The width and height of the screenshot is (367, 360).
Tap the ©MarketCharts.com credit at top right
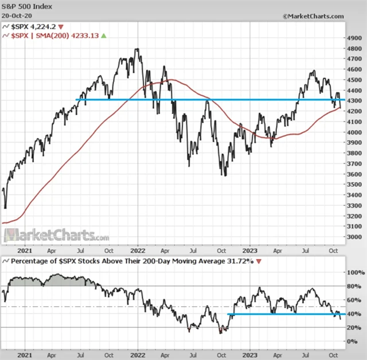[x=314, y=16]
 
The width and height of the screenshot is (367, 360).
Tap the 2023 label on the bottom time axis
[x=250, y=354]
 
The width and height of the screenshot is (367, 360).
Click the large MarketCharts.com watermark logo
[x=56, y=235]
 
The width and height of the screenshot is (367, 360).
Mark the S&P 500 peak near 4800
[x=137, y=49]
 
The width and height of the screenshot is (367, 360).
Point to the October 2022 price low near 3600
[x=224, y=174]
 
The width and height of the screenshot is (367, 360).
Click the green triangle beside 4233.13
[x=104, y=36]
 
